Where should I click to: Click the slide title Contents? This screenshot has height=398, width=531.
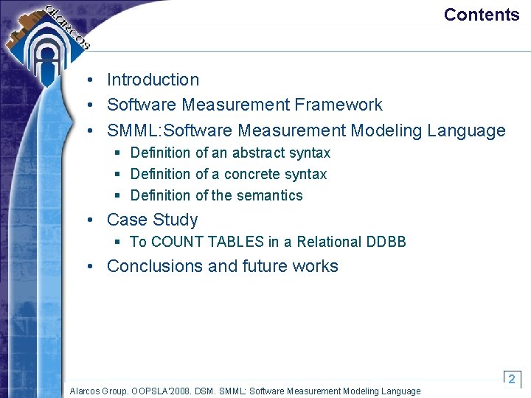coord(482,15)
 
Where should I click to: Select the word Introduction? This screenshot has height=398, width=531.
coord(153,80)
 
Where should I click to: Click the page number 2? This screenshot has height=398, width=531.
coord(512,378)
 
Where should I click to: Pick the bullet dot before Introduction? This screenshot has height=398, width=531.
coord(88,80)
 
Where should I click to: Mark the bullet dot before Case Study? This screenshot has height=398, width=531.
coord(88,220)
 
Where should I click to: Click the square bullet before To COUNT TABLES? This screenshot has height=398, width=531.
coord(117,242)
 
